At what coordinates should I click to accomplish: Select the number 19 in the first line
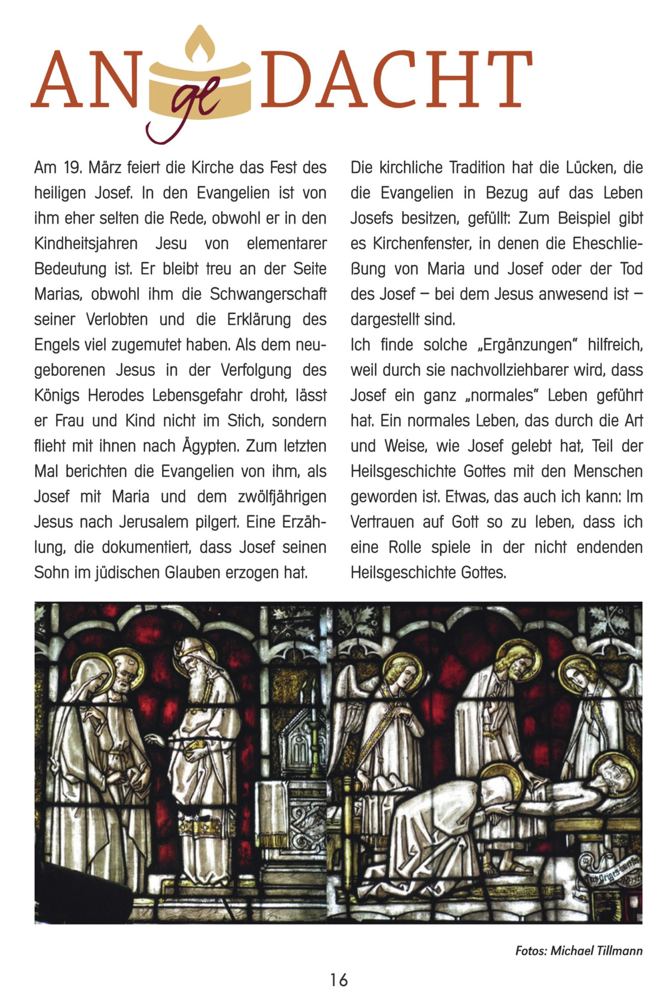point(73,168)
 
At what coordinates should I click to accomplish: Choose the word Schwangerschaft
point(268,294)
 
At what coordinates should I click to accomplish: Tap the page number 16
point(339,980)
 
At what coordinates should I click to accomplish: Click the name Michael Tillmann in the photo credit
point(596,951)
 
